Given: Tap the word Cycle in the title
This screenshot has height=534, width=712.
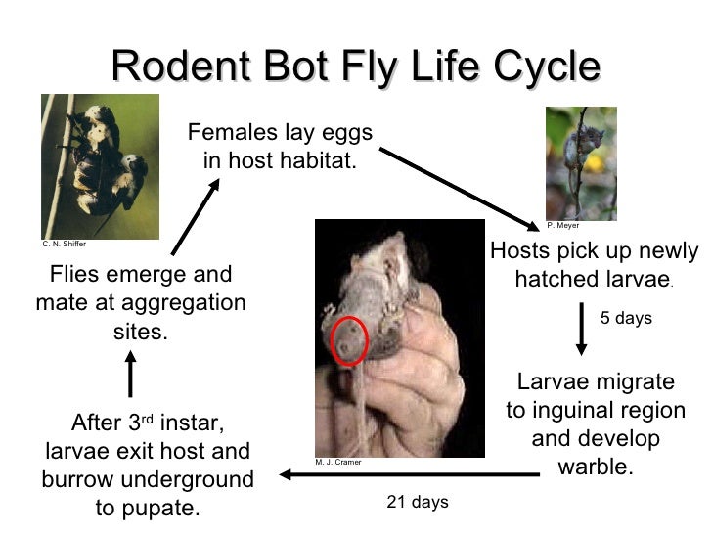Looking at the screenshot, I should click(x=537, y=67).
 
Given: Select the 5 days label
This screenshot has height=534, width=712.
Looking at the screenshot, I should click(x=626, y=319).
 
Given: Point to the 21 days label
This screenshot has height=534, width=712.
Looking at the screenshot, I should click(x=418, y=503).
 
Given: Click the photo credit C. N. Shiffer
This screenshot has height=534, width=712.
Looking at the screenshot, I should click(x=64, y=244).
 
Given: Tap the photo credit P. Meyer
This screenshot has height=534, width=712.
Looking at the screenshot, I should click(x=563, y=226).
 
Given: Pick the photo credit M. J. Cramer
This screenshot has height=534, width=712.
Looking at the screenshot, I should click(x=338, y=463).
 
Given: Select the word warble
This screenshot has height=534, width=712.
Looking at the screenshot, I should click(x=596, y=467).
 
